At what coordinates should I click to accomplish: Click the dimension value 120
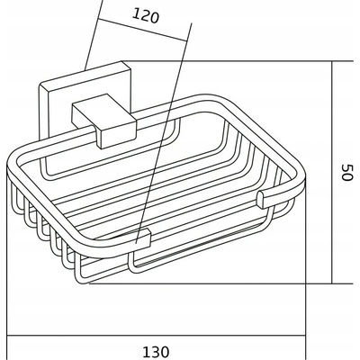click(x=146, y=15)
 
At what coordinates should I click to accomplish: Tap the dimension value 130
click(x=156, y=352)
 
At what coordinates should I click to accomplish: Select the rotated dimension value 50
click(x=346, y=172)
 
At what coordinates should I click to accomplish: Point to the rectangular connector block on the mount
click(x=103, y=121)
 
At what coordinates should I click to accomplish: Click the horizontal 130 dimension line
click(x=156, y=336)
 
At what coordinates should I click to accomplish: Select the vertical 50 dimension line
click(x=332, y=172)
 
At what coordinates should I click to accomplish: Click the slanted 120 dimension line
click(x=143, y=30)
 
